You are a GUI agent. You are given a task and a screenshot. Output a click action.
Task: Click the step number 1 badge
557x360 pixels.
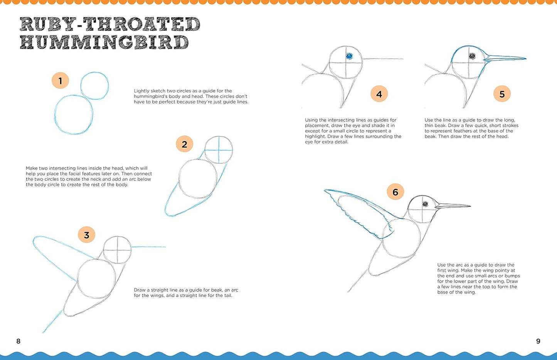click(60, 81)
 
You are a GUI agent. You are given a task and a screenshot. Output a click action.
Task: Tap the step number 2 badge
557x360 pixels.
click(184, 144)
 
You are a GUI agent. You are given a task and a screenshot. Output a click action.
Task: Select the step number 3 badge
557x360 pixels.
click(86, 235)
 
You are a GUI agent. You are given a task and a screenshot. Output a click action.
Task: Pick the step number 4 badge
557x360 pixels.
click(379, 94)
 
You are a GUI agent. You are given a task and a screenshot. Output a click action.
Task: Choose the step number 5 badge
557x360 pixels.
click(502, 94)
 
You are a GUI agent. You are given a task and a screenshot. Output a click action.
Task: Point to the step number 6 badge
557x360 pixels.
click(395, 192)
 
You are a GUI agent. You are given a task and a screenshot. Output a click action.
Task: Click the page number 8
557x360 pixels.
click(18, 341)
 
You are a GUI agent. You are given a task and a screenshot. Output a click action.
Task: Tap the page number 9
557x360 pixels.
click(538, 341)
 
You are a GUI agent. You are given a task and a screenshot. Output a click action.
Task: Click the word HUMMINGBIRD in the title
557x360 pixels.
click(104, 42)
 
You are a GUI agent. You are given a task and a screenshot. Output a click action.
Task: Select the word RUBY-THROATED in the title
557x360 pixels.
click(110, 24)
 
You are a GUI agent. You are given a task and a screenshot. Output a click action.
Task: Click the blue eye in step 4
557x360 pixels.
click(349, 56)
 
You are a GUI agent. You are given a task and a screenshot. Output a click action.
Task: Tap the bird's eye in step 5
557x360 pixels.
click(472, 56)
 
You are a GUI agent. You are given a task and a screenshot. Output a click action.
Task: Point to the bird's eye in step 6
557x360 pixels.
click(425, 204)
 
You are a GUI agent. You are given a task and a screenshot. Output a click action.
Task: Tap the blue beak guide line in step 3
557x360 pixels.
click(148, 247)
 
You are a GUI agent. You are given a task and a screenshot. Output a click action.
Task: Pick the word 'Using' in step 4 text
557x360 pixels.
click(311, 120)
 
